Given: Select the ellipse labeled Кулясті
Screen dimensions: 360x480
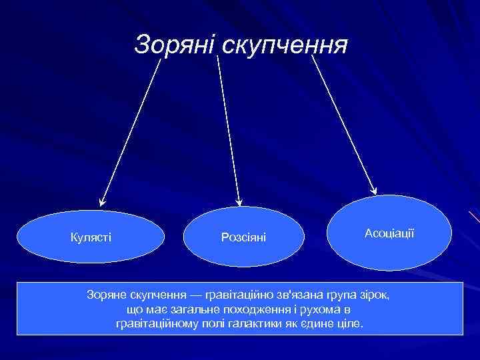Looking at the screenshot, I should click(x=90, y=237).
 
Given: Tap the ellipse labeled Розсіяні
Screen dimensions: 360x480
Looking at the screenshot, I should click(x=243, y=237).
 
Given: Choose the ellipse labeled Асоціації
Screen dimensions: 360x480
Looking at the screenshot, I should click(x=390, y=232).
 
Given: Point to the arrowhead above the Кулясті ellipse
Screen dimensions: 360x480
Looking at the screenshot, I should click(x=102, y=201).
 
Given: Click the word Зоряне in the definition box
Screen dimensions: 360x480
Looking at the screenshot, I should click(x=106, y=294).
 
